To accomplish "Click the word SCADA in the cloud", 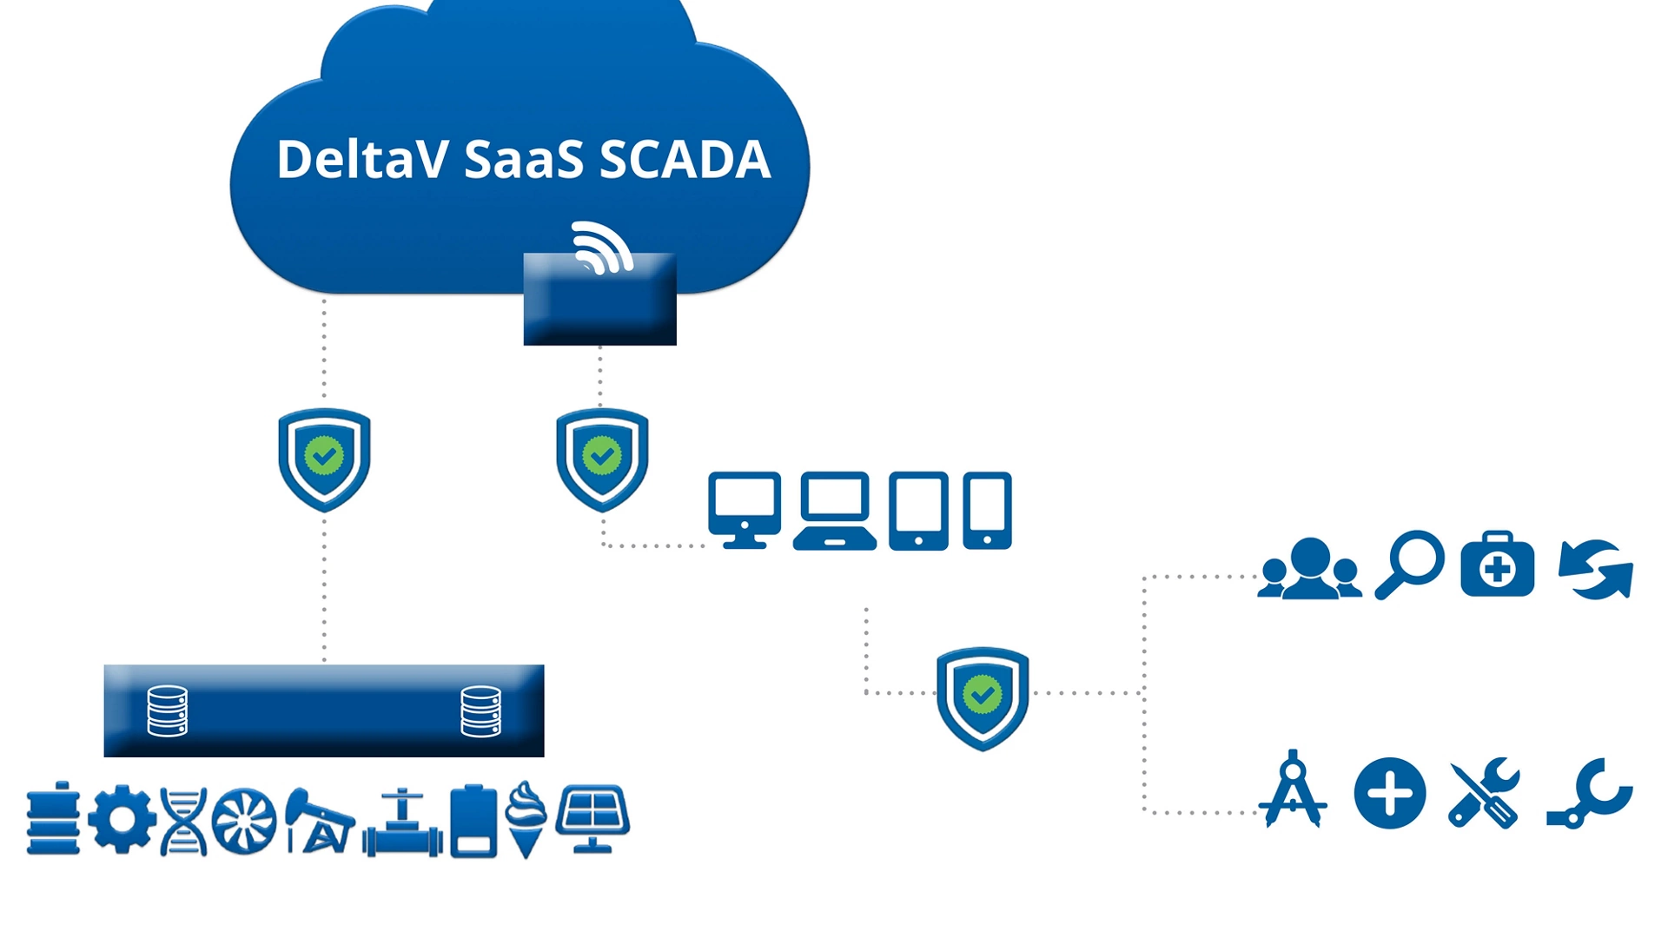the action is [685, 159].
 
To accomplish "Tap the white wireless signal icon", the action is [602, 248].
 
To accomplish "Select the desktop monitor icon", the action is [745, 511].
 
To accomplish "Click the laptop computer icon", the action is [835, 511].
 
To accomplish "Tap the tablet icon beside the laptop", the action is [918, 511].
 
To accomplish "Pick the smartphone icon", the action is [987, 511].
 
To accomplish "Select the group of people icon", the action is [1310, 568].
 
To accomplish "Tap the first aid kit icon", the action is [1498, 564].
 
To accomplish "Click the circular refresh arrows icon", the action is [1596, 569].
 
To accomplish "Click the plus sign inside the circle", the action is [1390, 794].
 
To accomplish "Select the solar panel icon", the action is [592, 819].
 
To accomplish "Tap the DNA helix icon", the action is [184, 822].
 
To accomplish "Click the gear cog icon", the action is [122, 819].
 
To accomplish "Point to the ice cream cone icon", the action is [526, 819].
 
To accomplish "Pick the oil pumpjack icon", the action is [319, 822].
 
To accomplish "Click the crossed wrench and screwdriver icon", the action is [1485, 793].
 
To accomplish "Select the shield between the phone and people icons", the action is [983, 697].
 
